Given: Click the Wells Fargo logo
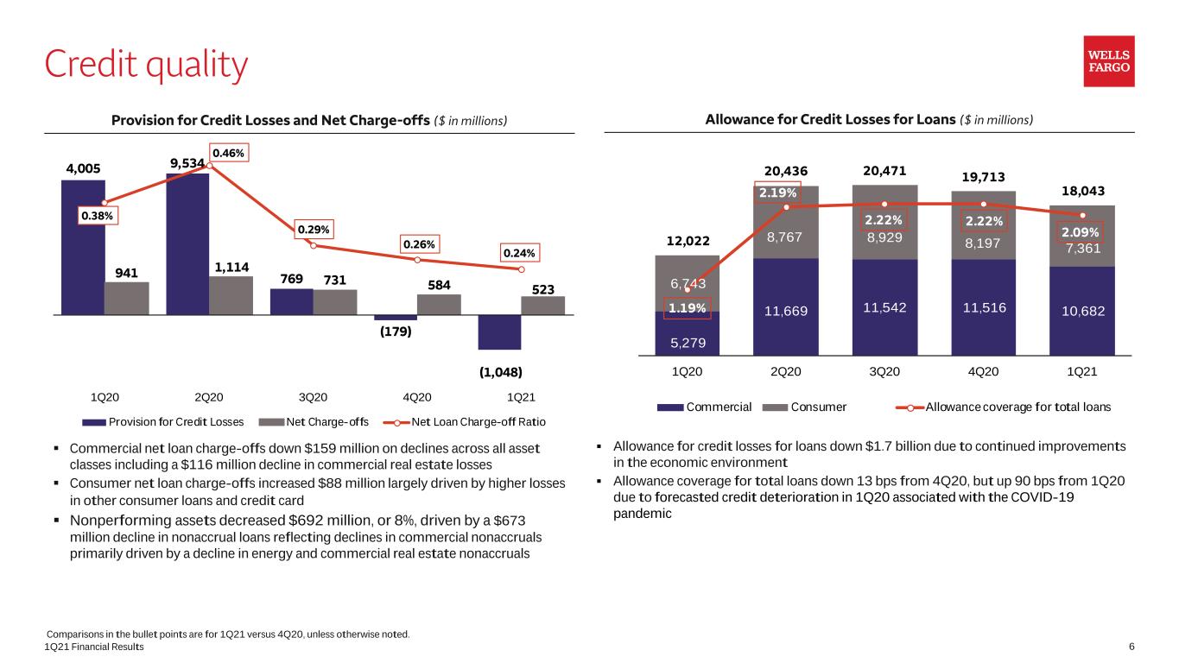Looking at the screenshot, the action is coord(1108,61).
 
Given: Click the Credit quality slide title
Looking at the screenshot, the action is coord(146,65).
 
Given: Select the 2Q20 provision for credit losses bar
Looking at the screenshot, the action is coord(187,244).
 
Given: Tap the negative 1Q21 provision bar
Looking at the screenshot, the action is coord(499,332).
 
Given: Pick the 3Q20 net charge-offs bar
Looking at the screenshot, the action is coord(335,302).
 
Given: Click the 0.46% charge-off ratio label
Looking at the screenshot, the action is coord(228,153).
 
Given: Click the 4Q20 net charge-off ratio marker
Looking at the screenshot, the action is coord(417,260).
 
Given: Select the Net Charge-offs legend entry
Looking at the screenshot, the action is coord(314,422).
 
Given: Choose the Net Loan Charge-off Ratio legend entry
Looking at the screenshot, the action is coord(464,422).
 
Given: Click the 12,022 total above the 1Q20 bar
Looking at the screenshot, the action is coord(688,241).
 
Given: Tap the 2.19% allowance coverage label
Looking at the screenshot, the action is coord(777,193).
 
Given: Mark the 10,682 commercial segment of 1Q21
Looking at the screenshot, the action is coord(1082,311).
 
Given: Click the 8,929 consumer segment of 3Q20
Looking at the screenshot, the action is coord(884,222).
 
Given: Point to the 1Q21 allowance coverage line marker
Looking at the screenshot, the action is coord(1082,215).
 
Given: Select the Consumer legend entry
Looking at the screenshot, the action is coord(804,407).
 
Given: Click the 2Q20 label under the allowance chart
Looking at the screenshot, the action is coord(785,371).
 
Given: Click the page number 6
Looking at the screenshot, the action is coord(1131,647).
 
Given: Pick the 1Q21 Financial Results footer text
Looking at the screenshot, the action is coord(94,647).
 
